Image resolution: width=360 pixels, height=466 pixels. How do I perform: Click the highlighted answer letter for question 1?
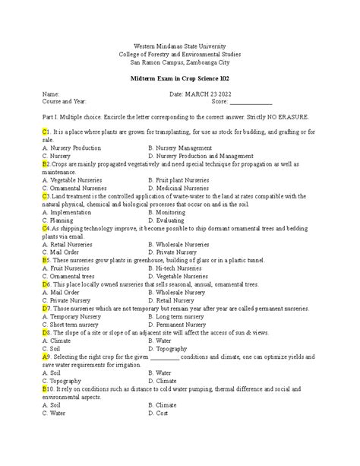click(x=46, y=132)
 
